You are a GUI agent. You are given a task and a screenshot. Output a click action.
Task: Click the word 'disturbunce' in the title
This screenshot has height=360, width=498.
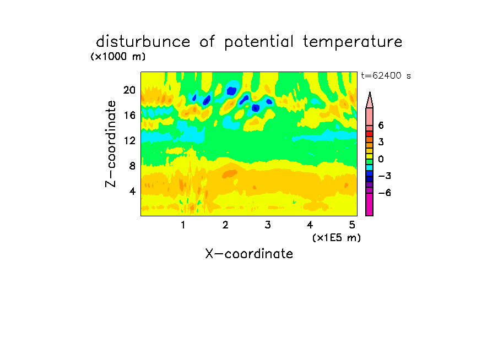click(143, 42)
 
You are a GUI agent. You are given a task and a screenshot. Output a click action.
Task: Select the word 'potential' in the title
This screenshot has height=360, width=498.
click(259, 42)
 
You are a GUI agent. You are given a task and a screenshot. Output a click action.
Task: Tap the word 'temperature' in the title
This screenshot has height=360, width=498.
click(353, 42)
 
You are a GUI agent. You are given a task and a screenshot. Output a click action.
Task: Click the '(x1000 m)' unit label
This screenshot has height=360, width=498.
click(118, 57)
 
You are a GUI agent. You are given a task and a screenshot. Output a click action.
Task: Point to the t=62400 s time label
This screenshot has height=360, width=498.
click(386, 75)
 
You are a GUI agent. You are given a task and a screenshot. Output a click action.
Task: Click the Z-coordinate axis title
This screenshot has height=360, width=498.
click(111, 144)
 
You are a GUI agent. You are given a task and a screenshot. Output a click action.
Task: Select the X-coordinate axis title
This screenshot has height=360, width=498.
click(249, 254)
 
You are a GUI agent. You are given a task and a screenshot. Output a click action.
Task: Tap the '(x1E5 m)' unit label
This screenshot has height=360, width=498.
click(337, 238)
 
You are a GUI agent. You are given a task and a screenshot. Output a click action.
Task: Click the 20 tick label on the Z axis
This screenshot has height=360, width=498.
click(129, 90)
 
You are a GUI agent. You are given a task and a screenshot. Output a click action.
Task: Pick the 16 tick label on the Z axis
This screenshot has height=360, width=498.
click(129, 115)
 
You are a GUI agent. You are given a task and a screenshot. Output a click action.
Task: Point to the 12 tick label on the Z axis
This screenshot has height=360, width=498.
click(129, 140)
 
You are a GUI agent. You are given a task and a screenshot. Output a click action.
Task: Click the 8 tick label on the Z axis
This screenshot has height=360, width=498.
click(132, 166)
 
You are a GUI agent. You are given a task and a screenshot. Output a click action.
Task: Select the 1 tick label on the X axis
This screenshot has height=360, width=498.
click(183, 225)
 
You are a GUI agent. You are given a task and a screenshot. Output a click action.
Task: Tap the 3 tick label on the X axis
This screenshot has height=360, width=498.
click(268, 225)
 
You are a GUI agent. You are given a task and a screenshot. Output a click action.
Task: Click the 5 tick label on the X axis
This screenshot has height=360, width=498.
click(352, 225)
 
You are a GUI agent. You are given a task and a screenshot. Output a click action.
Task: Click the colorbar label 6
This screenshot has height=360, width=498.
click(381, 126)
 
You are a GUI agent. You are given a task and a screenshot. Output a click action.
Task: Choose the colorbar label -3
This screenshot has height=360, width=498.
click(385, 176)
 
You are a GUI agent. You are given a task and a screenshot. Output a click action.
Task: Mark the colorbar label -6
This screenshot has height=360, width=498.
click(385, 193)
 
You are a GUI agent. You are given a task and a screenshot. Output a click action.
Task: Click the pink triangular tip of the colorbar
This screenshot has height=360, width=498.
click(370, 100)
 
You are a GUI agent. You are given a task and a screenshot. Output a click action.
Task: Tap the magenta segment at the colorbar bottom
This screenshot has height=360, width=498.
click(370, 204)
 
